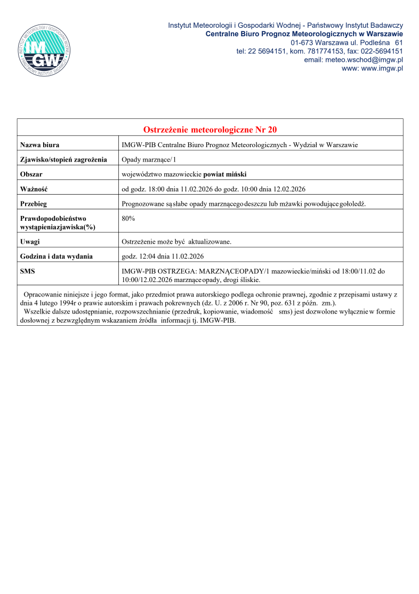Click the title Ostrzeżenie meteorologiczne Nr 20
click(x=210, y=130)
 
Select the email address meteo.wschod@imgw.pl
click(x=353, y=60)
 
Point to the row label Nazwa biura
click(x=39, y=145)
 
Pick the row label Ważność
click(x=34, y=189)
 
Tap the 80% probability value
click(x=128, y=219)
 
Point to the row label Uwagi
click(x=30, y=242)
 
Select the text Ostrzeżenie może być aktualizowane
click(x=176, y=242)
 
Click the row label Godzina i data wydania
click(x=57, y=256)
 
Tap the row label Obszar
click(x=31, y=174)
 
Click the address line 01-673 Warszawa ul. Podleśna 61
click(x=347, y=42)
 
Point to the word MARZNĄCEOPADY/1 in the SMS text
click(x=231, y=271)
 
